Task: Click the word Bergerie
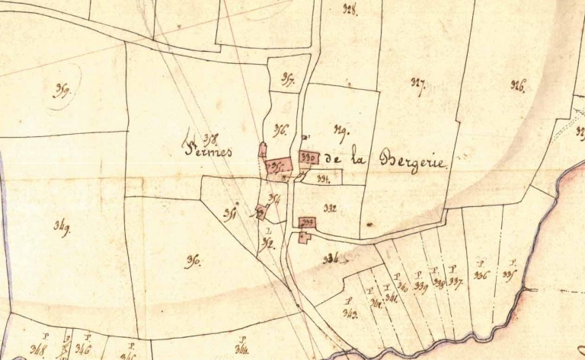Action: (x=417, y=161)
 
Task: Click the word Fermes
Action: (x=208, y=151)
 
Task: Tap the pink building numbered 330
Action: (x=309, y=158)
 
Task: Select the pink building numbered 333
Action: (x=308, y=222)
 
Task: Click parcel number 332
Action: (x=330, y=207)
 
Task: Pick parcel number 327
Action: (x=417, y=83)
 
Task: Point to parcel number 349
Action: (x=62, y=229)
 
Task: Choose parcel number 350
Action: (x=193, y=261)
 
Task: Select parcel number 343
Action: (x=351, y=314)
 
